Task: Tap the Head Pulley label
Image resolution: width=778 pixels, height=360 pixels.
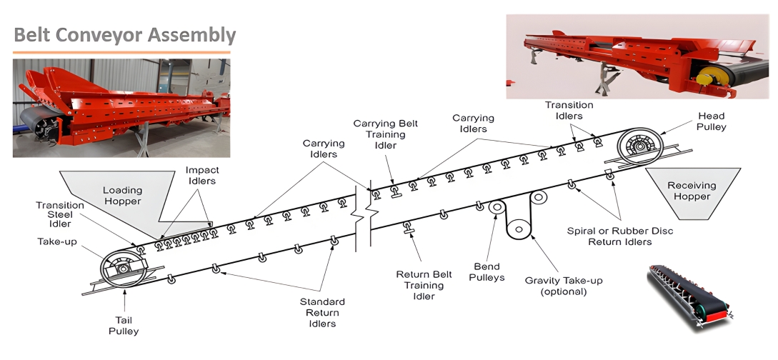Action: pos(712,121)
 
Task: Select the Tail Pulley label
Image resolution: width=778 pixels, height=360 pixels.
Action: pos(124,326)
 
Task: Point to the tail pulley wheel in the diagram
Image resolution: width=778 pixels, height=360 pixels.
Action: pos(124,269)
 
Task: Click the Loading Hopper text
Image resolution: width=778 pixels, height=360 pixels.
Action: pos(123,196)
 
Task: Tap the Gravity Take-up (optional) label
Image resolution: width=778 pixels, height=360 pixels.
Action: pos(564,286)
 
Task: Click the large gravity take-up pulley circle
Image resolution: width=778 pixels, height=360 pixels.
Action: pos(520,229)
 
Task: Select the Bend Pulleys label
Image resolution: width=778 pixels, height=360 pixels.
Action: pos(488,271)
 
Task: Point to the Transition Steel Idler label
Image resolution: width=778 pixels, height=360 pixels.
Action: pos(60,215)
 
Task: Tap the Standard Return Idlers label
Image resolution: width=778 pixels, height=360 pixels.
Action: pos(321,313)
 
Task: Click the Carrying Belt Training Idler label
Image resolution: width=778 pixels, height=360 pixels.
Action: pos(386,134)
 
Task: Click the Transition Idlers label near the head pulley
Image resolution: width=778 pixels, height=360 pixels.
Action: pos(569,110)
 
